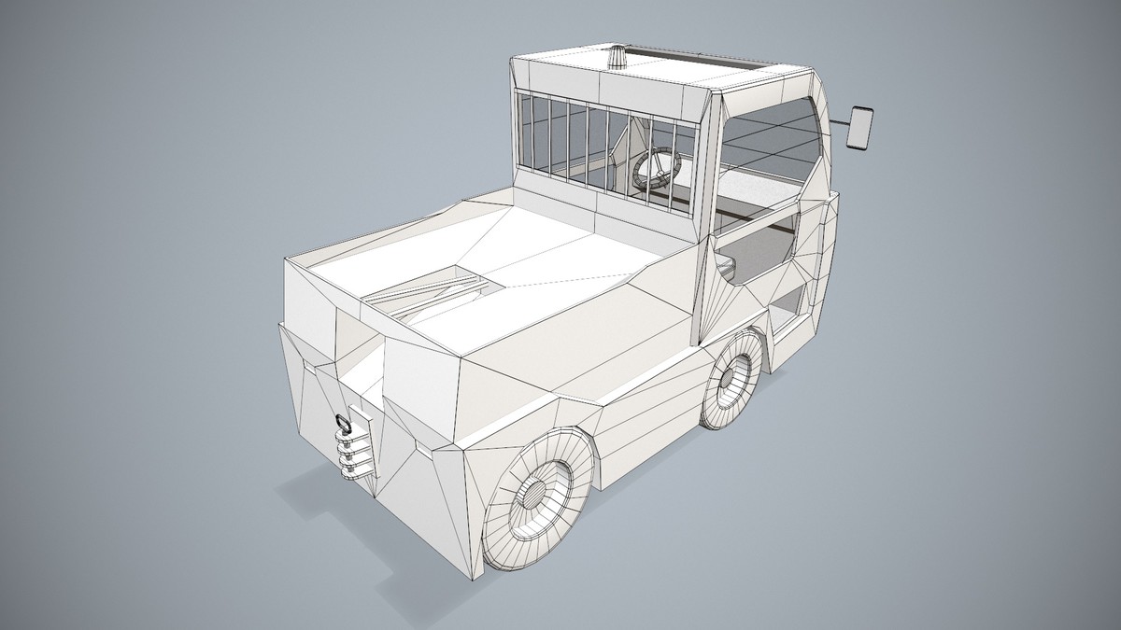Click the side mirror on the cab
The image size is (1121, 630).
click(x=859, y=128)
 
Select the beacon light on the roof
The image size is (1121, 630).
click(x=618, y=58)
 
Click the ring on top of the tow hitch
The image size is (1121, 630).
click(x=343, y=423)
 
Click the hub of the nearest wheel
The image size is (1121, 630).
click(x=533, y=495)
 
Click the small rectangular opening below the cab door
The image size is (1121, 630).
click(x=789, y=308)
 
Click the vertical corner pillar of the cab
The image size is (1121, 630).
click(x=706, y=215)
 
